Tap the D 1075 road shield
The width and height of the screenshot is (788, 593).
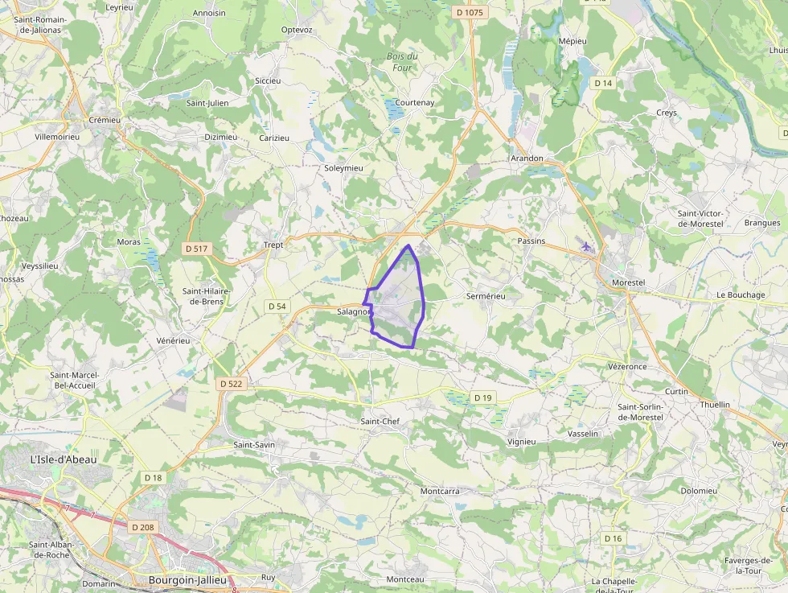tap(470, 12)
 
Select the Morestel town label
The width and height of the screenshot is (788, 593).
tap(629, 283)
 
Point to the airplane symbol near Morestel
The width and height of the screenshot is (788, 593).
tap(586, 246)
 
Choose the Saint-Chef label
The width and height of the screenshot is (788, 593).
tap(380, 422)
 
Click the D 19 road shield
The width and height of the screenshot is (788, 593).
tap(482, 397)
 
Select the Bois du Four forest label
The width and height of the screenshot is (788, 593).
tap(402, 62)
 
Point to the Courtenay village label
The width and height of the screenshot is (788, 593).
tap(415, 103)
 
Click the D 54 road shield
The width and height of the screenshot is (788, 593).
tap(277, 307)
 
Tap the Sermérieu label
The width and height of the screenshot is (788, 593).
tap(486, 296)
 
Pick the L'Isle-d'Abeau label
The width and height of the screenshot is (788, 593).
tap(63, 459)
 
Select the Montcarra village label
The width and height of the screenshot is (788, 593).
tap(440, 491)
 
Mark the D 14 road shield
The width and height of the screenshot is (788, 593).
tap(603, 84)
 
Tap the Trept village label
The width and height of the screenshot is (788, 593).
tap(273, 245)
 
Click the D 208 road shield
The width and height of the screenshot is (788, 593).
tap(143, 527)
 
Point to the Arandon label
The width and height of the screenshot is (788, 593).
tap(527, 159)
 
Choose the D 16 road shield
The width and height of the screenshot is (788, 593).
tap(613, 538)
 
